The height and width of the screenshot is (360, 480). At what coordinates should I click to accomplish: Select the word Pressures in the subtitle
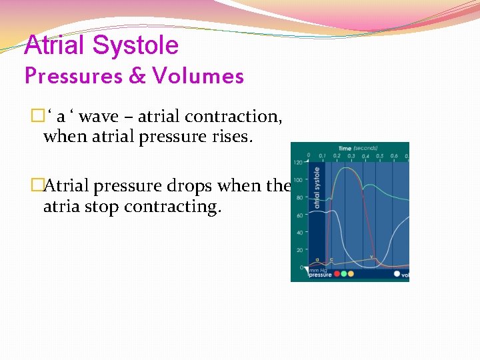[69, 76]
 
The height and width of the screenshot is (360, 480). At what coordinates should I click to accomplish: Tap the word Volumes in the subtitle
[198, 76]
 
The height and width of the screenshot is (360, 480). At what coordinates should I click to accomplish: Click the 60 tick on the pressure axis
[299, 215]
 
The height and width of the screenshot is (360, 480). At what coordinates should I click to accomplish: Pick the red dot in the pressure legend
[337, 273]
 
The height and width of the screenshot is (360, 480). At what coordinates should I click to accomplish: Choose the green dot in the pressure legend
[344, 273]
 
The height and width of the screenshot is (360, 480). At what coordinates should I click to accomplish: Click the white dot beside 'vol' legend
[397, 273]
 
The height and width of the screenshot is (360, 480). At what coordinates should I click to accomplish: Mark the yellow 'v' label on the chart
[371, 257]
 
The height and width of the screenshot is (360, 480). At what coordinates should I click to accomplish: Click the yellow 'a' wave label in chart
[319, 259]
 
